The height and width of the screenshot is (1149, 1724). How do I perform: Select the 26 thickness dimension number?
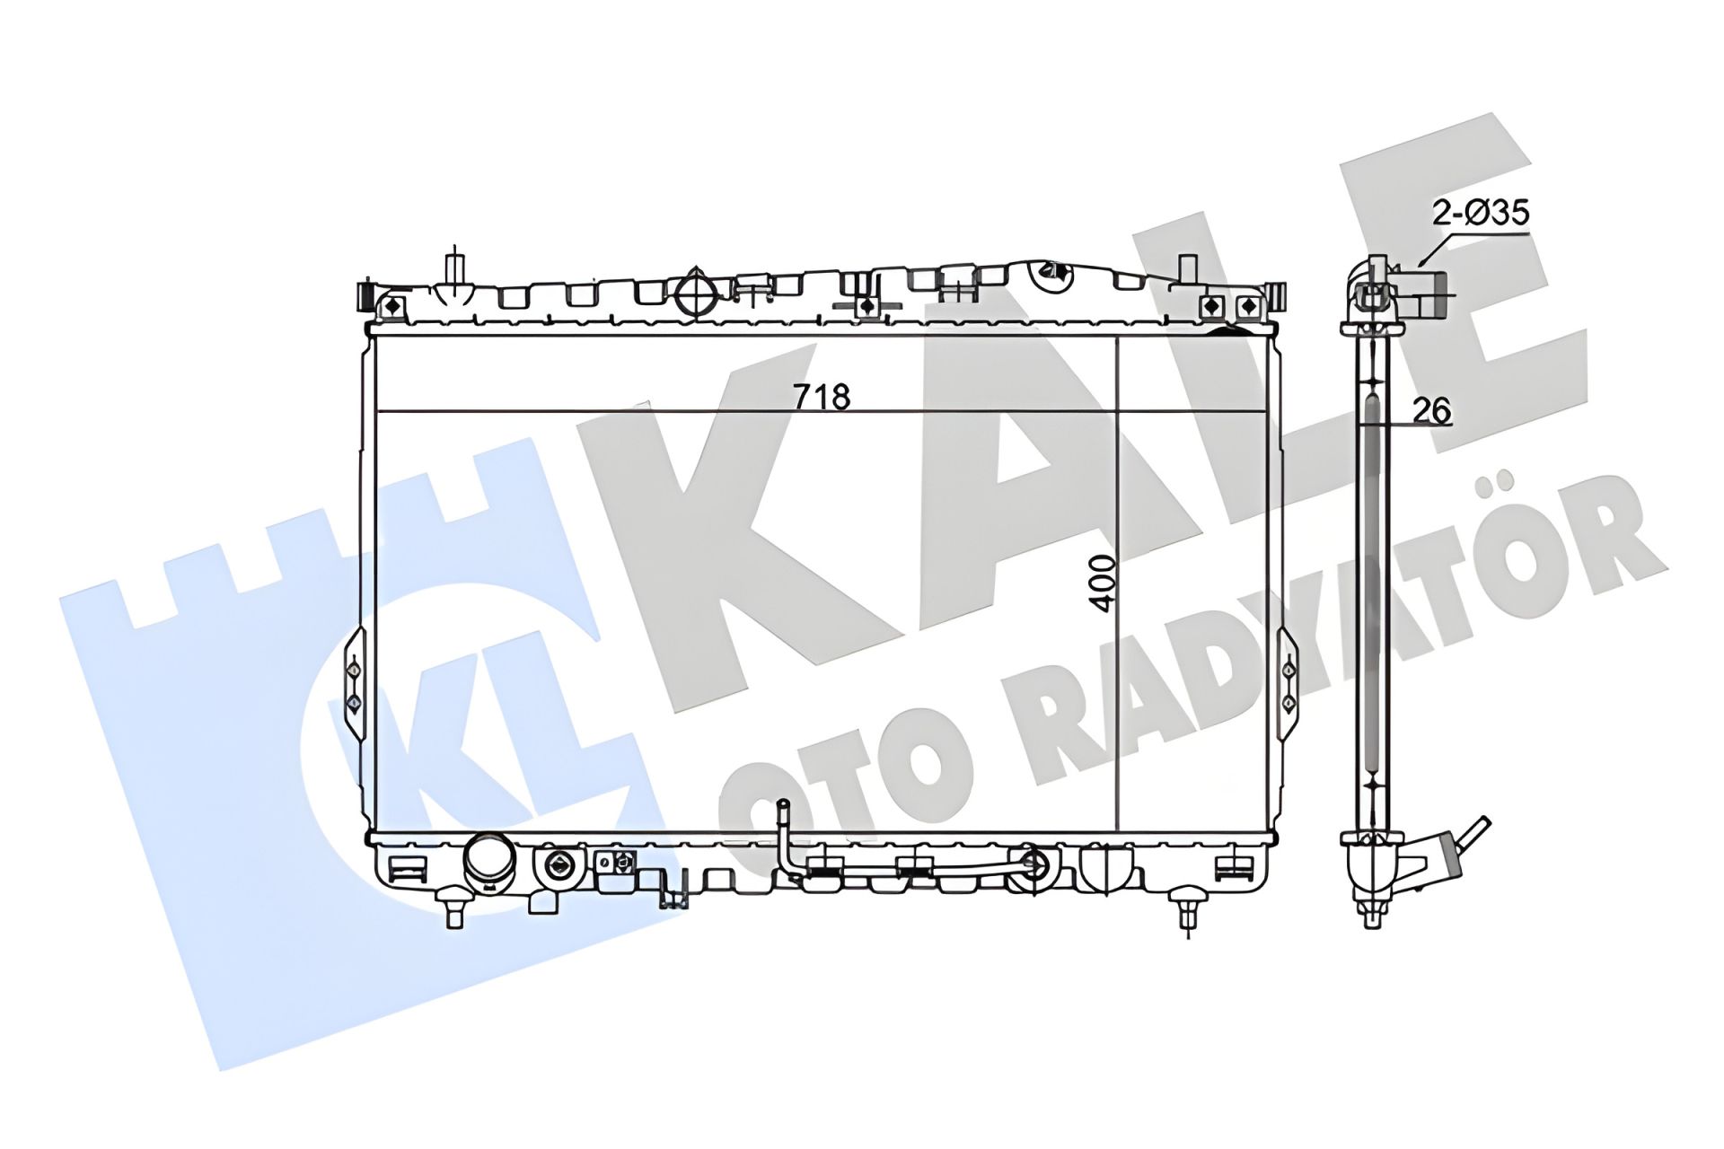coord(1432,410)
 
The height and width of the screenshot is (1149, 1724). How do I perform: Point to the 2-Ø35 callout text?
coord(1481,214)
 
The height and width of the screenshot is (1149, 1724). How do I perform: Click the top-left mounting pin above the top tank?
coord(456,267)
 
